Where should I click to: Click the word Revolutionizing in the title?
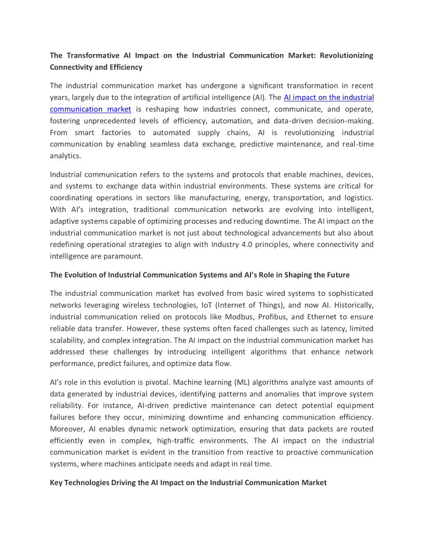tap(347, 56)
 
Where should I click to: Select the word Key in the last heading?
tap(56, 482)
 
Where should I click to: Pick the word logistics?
tap(358, 198)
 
